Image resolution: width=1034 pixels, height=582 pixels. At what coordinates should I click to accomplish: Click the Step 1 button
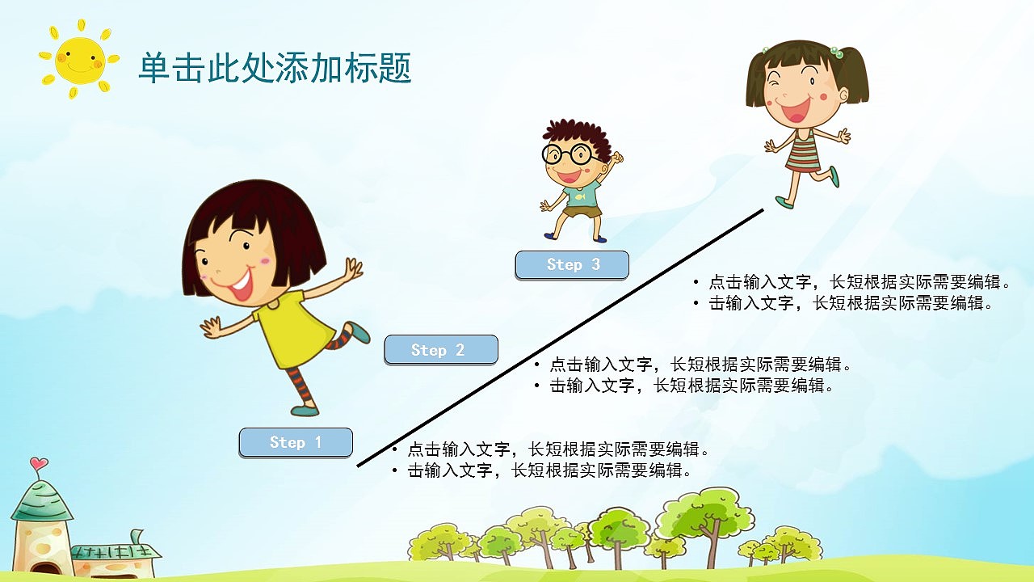click(x=296, y=442)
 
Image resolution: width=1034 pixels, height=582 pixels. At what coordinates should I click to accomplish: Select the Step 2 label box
click(x=440, y=350)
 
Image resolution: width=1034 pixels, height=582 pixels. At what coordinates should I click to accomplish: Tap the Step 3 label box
click(x=572, y=264)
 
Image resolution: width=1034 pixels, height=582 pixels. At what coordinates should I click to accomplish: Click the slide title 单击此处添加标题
click(x=275, y=68)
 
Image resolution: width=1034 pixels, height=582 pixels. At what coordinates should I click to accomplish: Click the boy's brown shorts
click(x=582, y=213)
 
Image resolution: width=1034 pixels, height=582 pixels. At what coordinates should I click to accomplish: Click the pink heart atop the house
click(x=38, y=464)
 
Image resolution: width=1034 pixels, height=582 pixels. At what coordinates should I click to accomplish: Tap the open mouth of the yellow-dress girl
click(x=241, y=283)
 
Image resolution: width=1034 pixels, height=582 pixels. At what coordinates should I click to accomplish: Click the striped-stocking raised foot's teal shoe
click(x=356, y=332)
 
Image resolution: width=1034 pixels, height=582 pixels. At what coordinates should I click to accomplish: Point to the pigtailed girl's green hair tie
click(x=838, y=53)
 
